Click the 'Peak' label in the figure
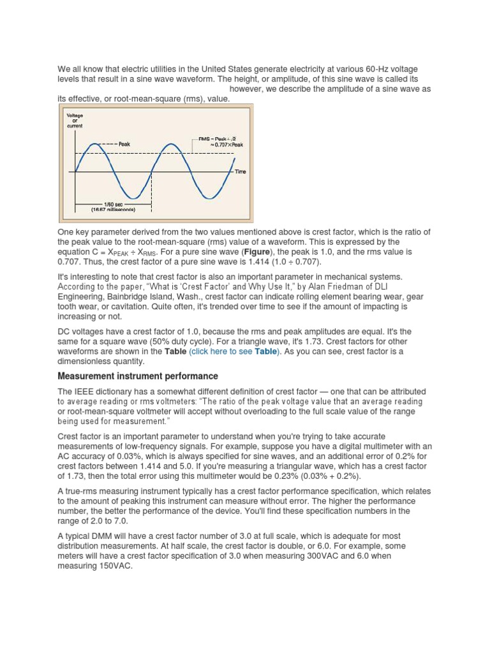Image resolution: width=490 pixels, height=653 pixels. (x=124, y=144)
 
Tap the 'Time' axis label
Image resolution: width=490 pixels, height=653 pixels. (x=240, y=172)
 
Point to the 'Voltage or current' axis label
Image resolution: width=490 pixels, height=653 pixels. (x=75, y=121)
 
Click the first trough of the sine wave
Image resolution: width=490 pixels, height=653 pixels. (x=132, y=198)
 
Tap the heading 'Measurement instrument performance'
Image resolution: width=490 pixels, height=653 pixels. (x=138, y=376)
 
